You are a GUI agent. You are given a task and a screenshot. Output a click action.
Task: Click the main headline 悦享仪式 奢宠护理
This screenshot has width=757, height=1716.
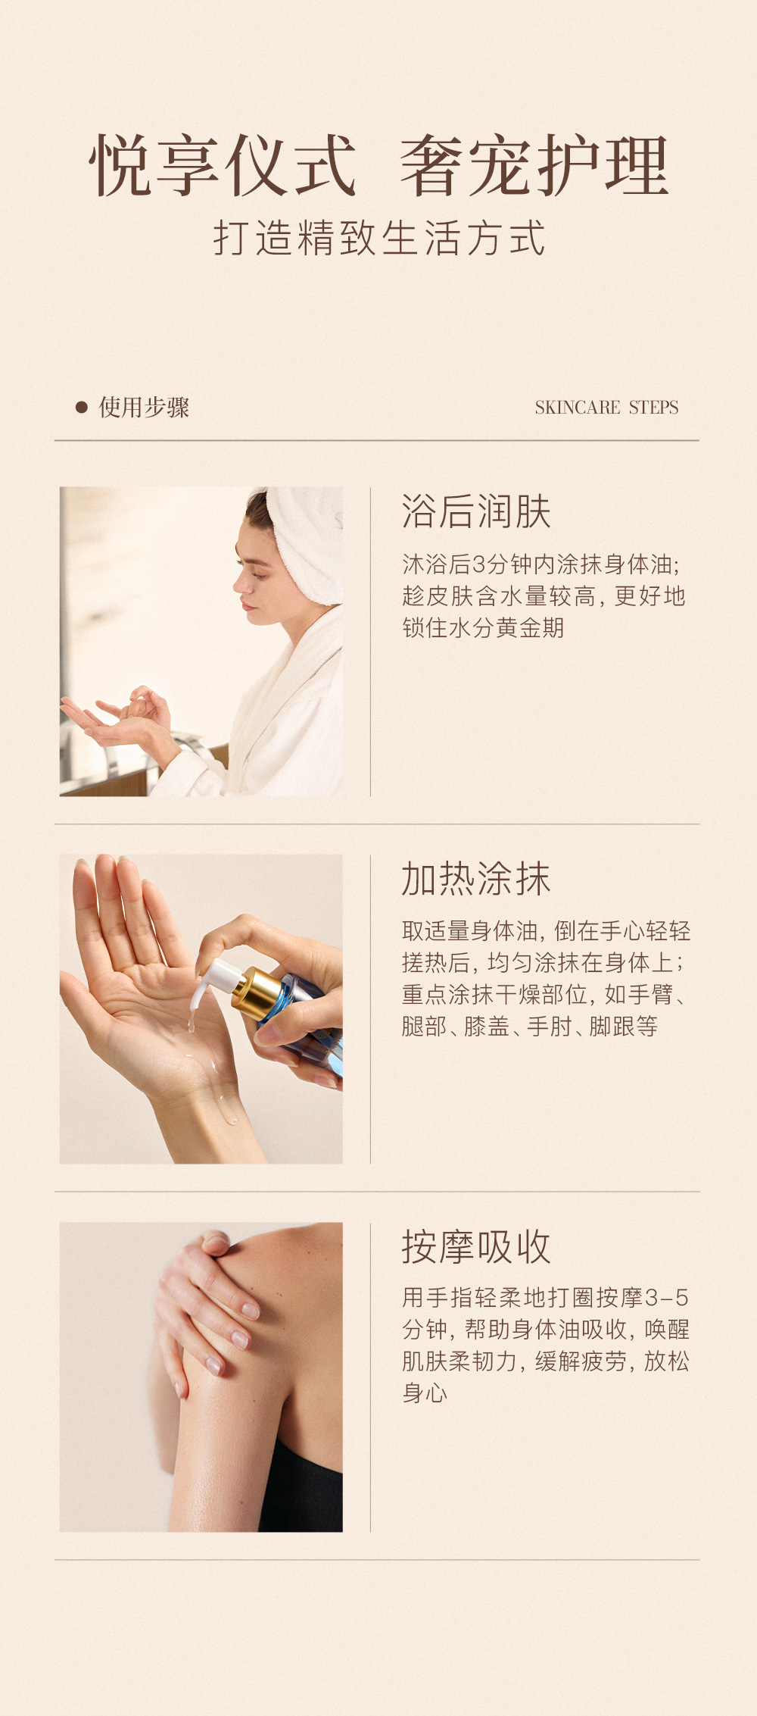(x=378, y=165)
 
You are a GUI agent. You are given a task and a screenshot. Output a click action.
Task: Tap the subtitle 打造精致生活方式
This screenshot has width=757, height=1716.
(x=379, y=238)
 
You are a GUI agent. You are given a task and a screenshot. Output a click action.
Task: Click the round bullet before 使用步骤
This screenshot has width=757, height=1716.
(x=82, y=408)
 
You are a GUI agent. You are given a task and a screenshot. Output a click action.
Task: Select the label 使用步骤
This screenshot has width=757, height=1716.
(x=144, y=408)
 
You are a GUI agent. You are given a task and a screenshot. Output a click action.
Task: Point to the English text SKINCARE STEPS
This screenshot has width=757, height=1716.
(x=606, y=408)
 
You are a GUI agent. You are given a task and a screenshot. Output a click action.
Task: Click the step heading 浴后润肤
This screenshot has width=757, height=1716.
(x=476, y=511)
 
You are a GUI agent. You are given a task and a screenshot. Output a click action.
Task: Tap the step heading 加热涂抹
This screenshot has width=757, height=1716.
(x=476, y=879)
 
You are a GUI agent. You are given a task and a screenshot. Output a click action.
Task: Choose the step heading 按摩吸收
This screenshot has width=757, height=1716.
(x=476, y=1246)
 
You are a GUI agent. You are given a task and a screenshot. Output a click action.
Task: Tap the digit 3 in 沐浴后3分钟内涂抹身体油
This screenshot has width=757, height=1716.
(x=479, y=564)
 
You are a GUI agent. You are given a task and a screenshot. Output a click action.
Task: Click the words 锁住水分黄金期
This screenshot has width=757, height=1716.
(x=483, y=628)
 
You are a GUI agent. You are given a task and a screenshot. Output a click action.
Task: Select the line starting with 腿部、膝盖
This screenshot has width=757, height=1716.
(x=530, y=1027)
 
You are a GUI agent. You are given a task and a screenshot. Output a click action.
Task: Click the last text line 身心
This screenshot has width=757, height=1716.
(x=425, y=1393)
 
